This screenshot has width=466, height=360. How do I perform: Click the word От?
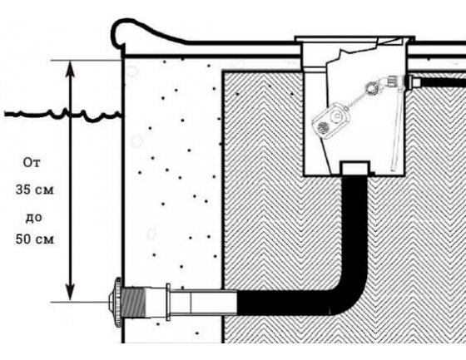click(x=32, y=163)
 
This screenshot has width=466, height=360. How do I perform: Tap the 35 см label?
click(x=35, y=190)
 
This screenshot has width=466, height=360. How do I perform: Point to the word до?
click(x=33, y=218)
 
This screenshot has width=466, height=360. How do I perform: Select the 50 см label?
click(x=35, y=239)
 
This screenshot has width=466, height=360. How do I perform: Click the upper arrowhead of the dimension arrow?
click(x=70, y=70)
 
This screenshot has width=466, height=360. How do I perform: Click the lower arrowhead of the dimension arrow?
click(x=70, y=292)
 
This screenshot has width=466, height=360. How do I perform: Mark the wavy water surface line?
click(x=63, y=115)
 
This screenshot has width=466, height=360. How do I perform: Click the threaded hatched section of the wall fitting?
click(x=133, y=303)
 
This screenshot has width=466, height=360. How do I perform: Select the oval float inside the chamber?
click(x=331, y=121)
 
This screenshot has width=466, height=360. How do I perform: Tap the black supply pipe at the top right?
click(x=439, y=81)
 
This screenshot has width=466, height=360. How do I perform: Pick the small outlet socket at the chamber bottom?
click(x=355, y=168)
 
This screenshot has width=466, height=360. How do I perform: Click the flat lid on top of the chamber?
click(x=354, y=38)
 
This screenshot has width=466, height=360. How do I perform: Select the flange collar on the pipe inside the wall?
click(x=168, y=302)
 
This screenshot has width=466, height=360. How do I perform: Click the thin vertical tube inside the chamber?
click(x=396, y=131)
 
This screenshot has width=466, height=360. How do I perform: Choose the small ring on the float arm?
click(x=369, y=88)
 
